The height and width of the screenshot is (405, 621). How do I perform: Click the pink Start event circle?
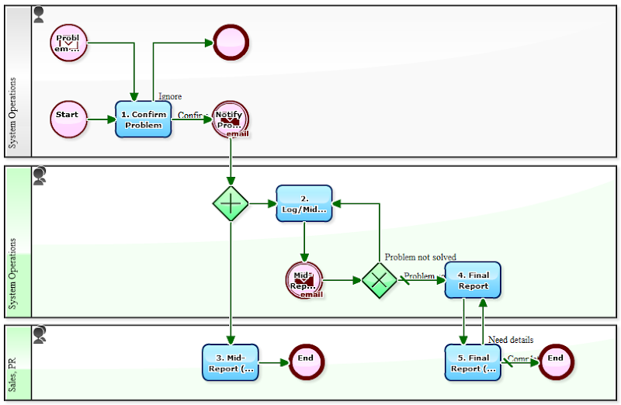68,119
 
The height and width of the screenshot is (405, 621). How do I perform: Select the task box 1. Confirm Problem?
143,119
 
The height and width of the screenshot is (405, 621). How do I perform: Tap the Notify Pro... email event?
230,119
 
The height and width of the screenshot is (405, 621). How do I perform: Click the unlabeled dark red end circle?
230,43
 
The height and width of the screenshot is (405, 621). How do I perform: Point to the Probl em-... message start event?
68,43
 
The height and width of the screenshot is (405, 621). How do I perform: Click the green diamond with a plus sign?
231,204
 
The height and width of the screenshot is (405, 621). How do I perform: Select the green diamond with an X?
380,280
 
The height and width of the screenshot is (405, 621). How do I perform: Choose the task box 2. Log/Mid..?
304,204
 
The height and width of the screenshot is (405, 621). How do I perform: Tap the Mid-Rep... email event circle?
304,280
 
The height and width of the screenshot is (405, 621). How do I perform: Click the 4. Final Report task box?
473,280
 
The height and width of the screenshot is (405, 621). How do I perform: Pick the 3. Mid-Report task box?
230,362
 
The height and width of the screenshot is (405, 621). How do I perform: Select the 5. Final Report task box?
473,362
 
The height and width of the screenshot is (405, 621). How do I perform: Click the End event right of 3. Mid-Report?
305,360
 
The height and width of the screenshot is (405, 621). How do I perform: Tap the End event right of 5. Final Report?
556,360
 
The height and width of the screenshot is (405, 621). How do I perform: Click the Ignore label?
170,96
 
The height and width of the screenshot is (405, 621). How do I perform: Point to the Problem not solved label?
420,257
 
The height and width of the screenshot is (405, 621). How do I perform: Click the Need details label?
510,339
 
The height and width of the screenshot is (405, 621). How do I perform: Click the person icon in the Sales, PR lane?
39,334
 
